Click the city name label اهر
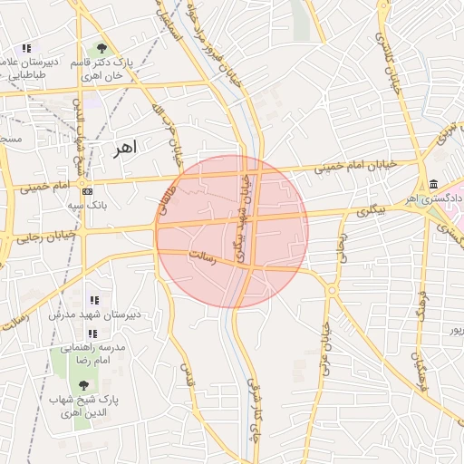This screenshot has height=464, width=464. click(x=124, y=149)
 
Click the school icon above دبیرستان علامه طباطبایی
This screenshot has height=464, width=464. click(x=26, y=48)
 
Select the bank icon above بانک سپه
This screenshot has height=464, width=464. click(x=87, y=192)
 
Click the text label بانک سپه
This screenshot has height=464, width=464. click(x=87, y=206)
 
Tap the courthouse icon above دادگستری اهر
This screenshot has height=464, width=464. click(x=434, y=185)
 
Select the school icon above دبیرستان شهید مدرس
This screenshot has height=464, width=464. click(x=92, y=300)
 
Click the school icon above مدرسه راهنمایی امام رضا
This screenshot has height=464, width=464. click(x=92, y=333)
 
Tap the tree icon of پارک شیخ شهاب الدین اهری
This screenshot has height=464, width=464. click(x=83, y=385)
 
